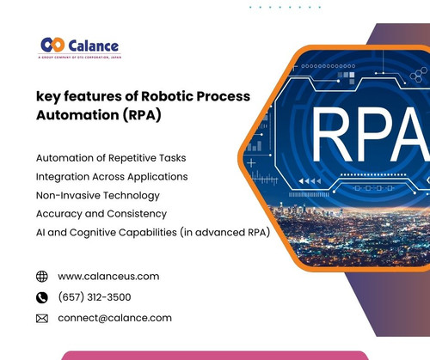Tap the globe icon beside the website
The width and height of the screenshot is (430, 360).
point(42,277)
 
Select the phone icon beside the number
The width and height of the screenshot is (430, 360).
point(42,297)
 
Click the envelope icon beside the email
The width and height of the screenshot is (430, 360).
point(42,318)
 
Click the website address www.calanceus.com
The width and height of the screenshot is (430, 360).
point(108,276)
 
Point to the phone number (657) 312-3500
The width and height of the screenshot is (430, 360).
point(95,297)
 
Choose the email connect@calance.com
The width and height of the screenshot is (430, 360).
point(114,318)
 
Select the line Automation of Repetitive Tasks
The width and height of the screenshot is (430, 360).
point(110,159)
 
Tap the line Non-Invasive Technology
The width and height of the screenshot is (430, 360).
point(97,195)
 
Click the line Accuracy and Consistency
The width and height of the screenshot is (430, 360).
point(101,213)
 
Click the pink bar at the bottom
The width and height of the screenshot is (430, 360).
point(215,355)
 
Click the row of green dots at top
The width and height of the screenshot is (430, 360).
point(285,7)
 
